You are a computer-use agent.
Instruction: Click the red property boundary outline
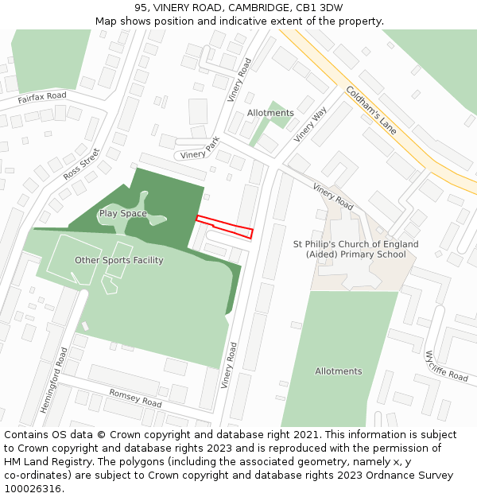[x=224, y=226]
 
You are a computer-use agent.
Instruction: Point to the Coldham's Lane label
[x=371, y=109]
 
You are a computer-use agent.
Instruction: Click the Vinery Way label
[x=310, y=125]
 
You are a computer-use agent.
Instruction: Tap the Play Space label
[x=122, y=214]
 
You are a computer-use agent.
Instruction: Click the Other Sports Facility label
[x=119, y=261]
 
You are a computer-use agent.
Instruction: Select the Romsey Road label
[x=134, y=398]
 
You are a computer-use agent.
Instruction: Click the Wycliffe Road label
[x=447, y=366]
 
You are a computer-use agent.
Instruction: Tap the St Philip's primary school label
[x=350, y=249]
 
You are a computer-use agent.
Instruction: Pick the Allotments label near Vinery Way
[x=270, y=113]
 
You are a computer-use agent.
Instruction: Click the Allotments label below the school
[x=338, y=371]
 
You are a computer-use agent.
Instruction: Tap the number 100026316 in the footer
[x=31, y=488]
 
